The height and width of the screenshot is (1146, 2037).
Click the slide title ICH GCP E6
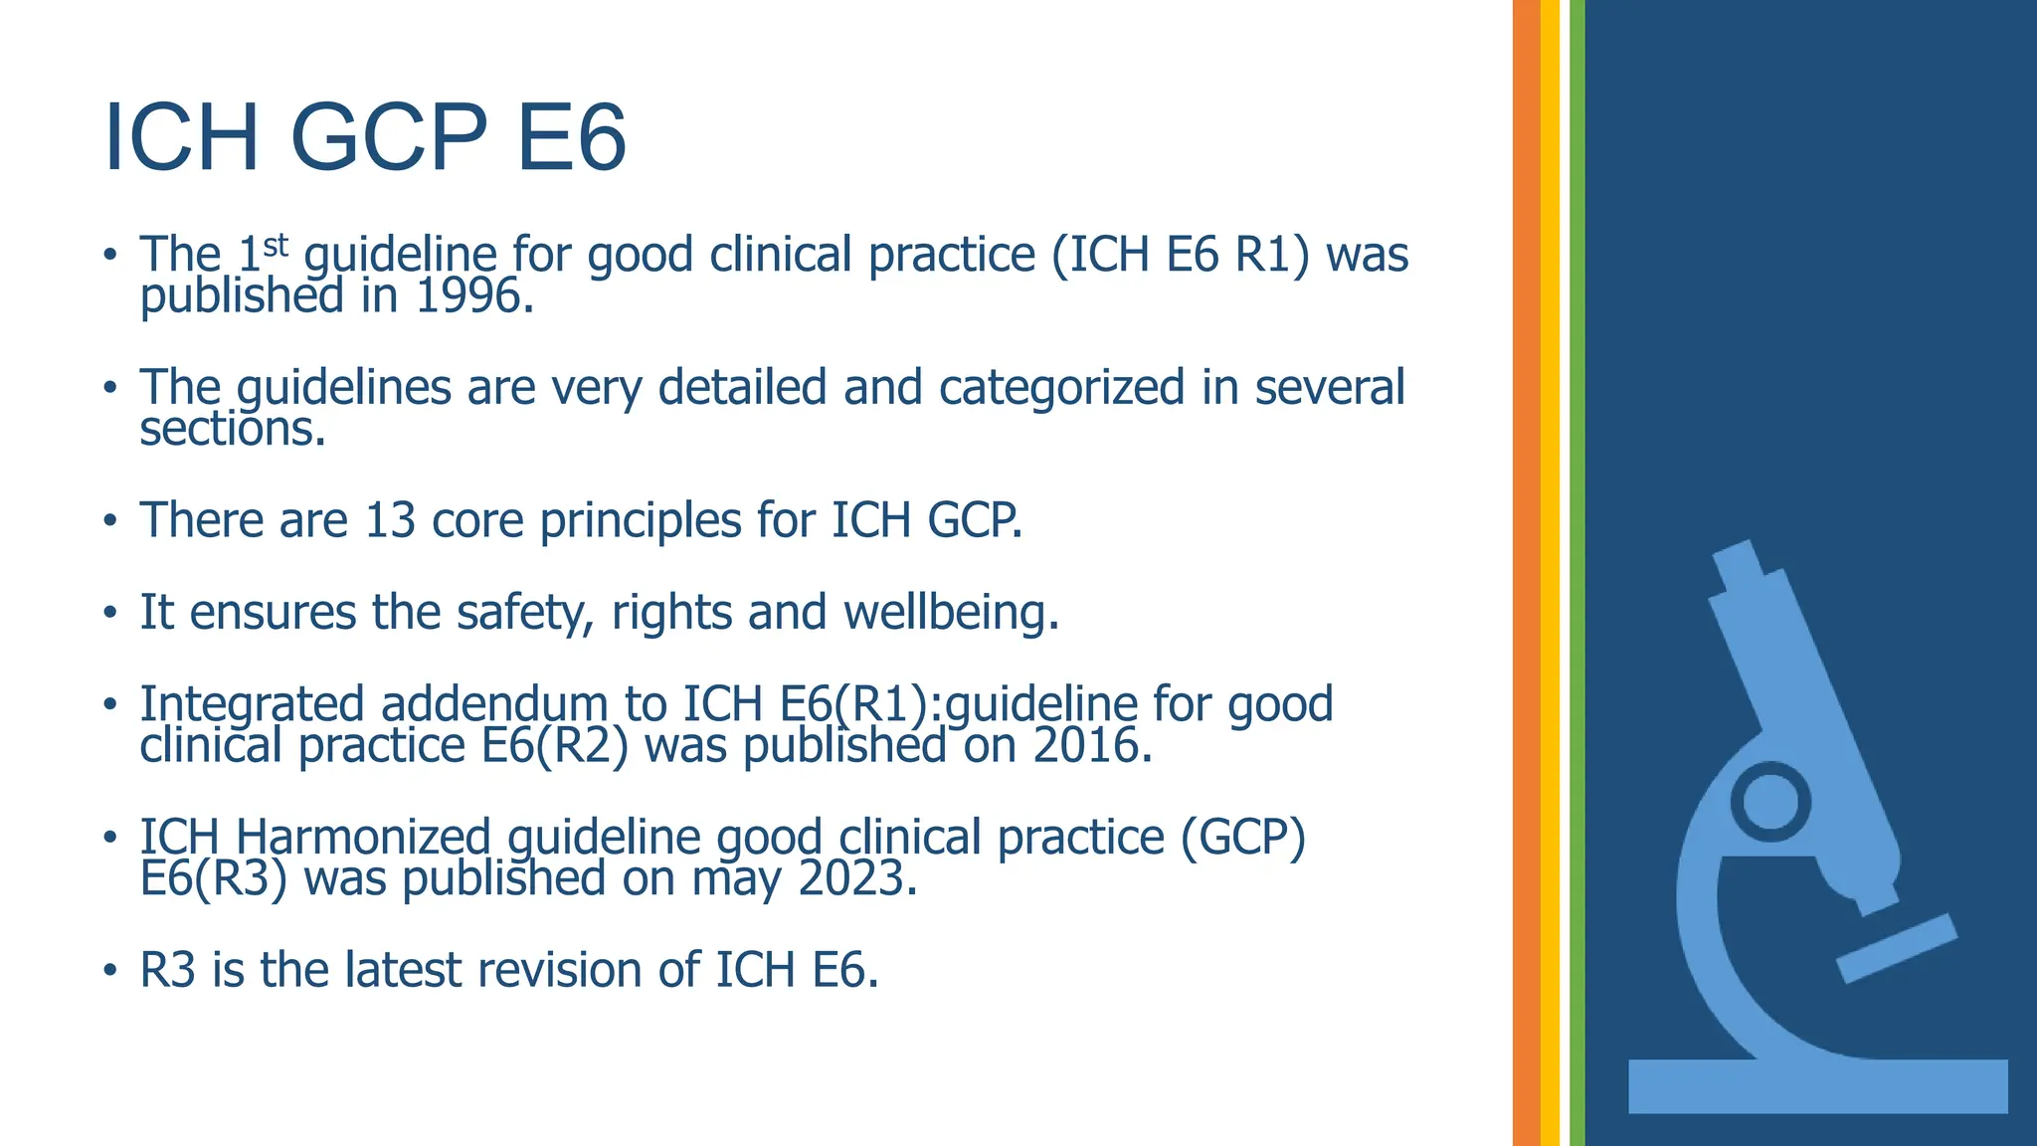[x=365, y=138]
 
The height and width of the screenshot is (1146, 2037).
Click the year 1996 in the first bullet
[x=472, y=296]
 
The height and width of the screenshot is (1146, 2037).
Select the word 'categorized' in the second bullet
[x=1061, y=388]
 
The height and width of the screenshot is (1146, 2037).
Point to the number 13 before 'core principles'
[x=390, y=520]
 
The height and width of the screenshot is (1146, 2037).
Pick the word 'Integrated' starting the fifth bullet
[x=252, y=704]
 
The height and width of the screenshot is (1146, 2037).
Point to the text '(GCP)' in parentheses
[x=1243, y=837]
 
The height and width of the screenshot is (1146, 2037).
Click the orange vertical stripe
[x=1526, y=573]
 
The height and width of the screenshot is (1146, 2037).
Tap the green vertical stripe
[x=1576, y=573]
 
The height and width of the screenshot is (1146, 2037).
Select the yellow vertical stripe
[x=1550, y=573]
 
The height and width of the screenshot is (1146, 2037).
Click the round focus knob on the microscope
[x=1770, y=802]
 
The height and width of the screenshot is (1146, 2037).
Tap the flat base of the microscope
[x=1817, y=1086]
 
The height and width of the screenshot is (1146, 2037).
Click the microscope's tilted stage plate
[x=1896, y=948]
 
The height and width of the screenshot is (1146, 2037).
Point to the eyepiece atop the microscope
[x=1741, y=565]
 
